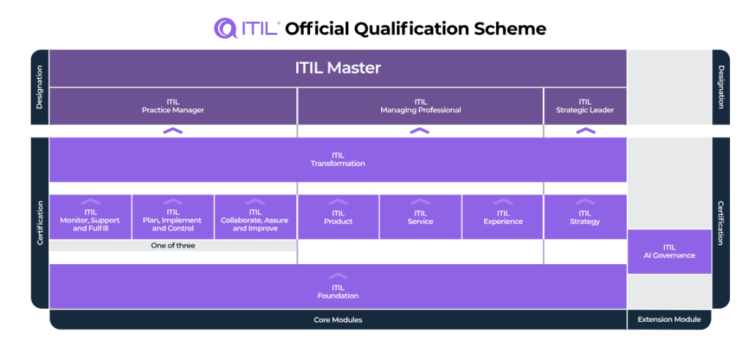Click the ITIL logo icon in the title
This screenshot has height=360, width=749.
click(225, 29)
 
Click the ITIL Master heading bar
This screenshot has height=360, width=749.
click(338, 68)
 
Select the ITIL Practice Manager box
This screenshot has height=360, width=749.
click(173, 106)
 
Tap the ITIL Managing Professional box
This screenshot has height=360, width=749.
click(420, 106)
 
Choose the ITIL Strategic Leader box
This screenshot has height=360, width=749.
click(584, 106)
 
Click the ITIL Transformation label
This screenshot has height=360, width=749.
click(338, 160)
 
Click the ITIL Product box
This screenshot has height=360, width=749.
click(338, 217)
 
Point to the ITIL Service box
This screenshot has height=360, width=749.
click(420, 217)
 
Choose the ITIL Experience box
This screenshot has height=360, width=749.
click(503, 217)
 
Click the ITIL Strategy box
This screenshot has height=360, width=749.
click(584, 217)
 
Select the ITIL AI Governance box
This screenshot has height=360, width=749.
click(669, 252)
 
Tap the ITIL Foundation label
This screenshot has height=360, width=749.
click(338, 291)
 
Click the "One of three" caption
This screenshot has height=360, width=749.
click(173, 246)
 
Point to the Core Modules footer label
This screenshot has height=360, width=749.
click(338, 320)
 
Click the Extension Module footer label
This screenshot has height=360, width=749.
click(669, 320)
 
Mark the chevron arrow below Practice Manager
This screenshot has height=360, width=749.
click(173, 131)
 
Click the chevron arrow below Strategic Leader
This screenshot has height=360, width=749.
click(585, 131)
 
